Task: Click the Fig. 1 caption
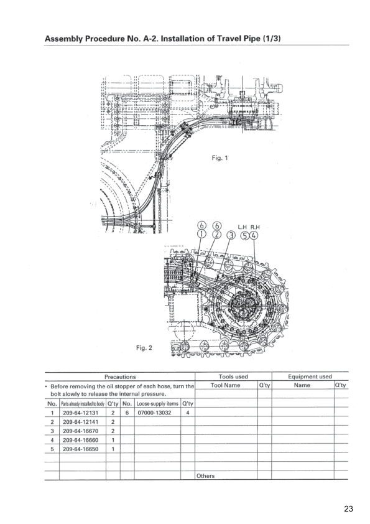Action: tap(220, 157)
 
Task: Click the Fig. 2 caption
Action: tap(144, 348)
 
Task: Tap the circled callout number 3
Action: tap(231, 235)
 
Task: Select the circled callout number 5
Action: tap(246, 236)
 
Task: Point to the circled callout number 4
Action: tap(254, 236)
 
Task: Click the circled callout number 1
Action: tap(201, 234)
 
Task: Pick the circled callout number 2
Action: tap(218, 234)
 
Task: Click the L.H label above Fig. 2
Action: tap(242, 227)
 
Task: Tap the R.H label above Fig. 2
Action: tap(255, 227)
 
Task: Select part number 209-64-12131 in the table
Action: tap(80, 413)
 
